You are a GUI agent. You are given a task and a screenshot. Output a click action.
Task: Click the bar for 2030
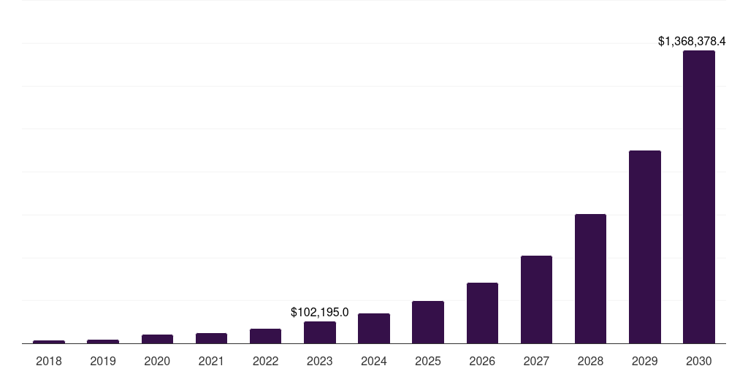tap(698, 197)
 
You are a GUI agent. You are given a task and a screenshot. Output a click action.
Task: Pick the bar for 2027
tap(536, 299)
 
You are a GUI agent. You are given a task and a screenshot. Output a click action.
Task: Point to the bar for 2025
tap(428, 322)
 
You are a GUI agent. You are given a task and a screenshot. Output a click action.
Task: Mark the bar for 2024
tap(374, 328)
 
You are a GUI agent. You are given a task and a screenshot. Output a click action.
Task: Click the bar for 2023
tap(320, 332)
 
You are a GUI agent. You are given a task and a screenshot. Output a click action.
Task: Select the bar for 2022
tap(265, 336)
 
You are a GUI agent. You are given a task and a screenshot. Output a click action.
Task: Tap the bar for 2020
tap(157, 339)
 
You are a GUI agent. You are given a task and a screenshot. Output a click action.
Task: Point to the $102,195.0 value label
tap(320, 313)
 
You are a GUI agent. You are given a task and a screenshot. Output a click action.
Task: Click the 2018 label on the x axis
tap(49, 361)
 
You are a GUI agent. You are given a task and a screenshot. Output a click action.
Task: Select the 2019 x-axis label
tap(103, 361)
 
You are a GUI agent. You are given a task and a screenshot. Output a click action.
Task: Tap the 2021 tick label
tap(211, 361)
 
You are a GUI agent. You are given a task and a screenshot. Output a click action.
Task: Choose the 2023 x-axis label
tap(320, 361)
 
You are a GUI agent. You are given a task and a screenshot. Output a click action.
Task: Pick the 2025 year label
tap(428, 361)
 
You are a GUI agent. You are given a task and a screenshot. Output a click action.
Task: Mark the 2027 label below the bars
tap(536, 361)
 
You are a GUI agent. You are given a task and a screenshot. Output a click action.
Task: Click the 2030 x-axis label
tap(698, 361)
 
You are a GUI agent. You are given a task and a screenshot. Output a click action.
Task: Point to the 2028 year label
tap(590, 361)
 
